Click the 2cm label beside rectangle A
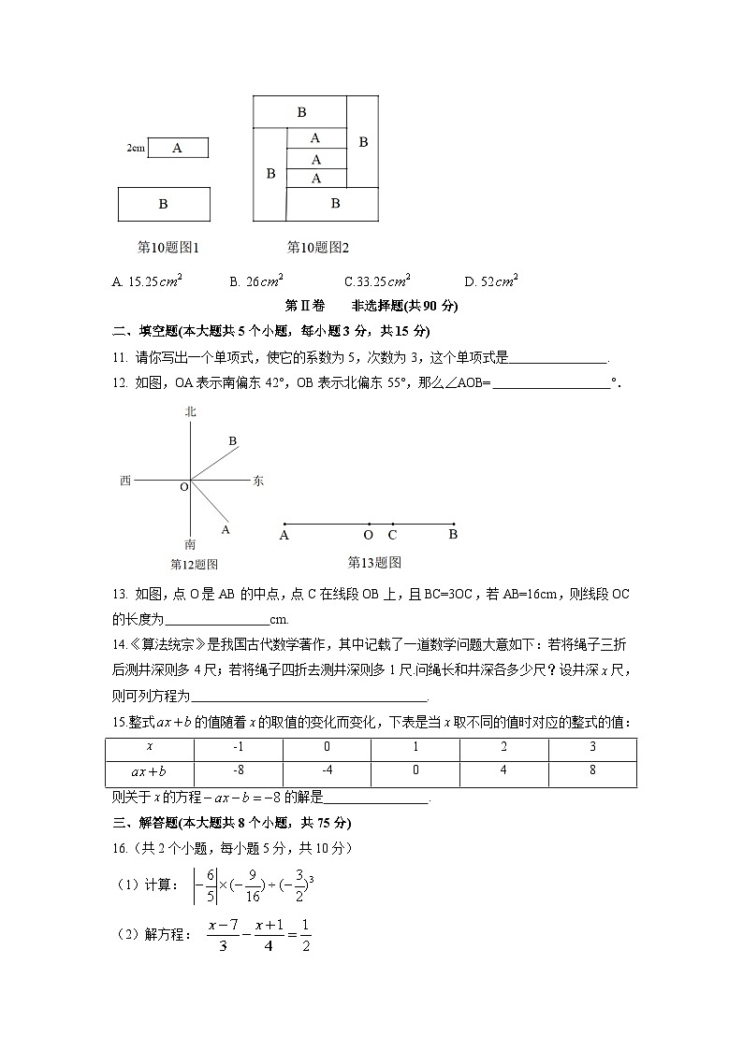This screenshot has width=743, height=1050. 136,148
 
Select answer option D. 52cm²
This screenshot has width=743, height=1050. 491,280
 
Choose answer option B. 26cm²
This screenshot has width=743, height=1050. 256,280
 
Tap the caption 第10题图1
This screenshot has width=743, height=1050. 168,248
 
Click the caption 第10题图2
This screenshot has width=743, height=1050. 317,248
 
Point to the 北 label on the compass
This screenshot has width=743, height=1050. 191,411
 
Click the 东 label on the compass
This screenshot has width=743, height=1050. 258,481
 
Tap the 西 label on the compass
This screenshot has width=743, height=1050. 125,481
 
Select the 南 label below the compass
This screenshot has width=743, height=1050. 191,543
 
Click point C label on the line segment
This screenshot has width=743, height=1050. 392,536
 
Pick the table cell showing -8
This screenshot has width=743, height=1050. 238,772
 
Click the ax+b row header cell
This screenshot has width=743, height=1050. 149,772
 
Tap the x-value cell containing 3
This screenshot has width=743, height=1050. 591,748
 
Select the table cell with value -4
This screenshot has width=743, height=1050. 327,772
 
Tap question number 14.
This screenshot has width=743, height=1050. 119,643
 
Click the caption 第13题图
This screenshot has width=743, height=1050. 374,562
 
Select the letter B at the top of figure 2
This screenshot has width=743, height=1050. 301,112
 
